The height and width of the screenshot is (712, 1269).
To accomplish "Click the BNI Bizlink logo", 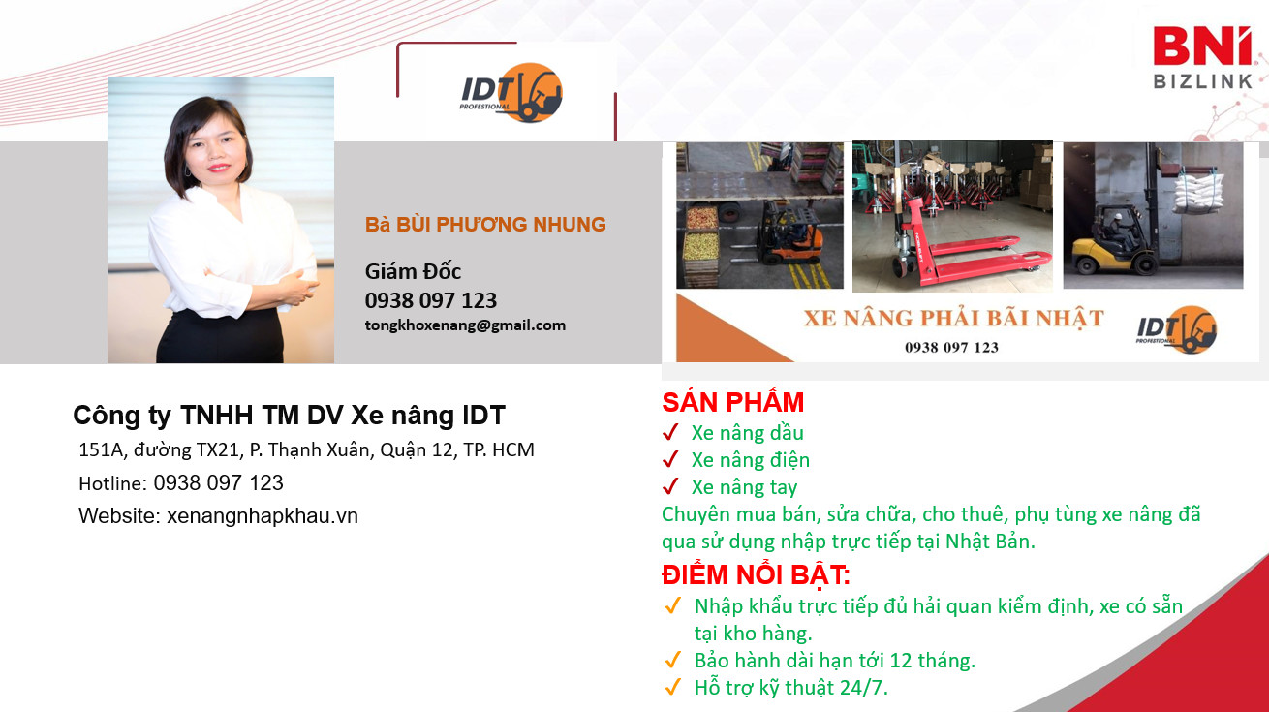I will pyautogui.click(x=1202, y=58).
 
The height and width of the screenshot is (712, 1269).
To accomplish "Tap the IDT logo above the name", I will pyautogui.click(x=511, y=93).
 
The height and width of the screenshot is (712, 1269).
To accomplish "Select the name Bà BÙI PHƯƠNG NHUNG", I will pyautogui.click(x=485, y=225).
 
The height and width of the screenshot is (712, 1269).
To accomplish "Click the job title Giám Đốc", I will pyautogui.click(x=413, y=271).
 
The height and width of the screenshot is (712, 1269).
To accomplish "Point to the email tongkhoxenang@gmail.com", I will pyautogui.click(x=465, y=325).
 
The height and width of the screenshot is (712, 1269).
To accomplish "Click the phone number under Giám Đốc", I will pyautogui.click(x=431, y=300).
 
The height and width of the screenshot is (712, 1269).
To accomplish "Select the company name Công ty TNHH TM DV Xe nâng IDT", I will pyautogui.click(x=289, y=416).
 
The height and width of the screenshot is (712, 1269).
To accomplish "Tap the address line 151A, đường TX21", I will pyautogui.click(x=306, y=449).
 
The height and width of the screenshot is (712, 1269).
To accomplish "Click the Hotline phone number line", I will pyautogui.click(x=181, y=482).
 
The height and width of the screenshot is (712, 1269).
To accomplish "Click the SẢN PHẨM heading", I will pyautogui.click(x=732, y=402).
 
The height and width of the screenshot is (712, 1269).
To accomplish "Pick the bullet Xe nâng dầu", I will pyautogui.click(x=747, y=433).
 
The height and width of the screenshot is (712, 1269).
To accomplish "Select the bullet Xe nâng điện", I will pyautogui.click(x=750, y=460).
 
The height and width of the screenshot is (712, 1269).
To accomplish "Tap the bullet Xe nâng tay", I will pyautogui.click(x=744, y=487).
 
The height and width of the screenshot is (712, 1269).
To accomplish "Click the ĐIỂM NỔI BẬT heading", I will pyautogui.click(x=756, y=575).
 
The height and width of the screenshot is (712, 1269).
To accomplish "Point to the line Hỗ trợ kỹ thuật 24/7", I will pyautogui.click(x=790, y=688).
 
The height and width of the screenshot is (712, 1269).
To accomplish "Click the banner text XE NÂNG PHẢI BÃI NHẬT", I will pyautogui.click(x=953, y=318).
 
